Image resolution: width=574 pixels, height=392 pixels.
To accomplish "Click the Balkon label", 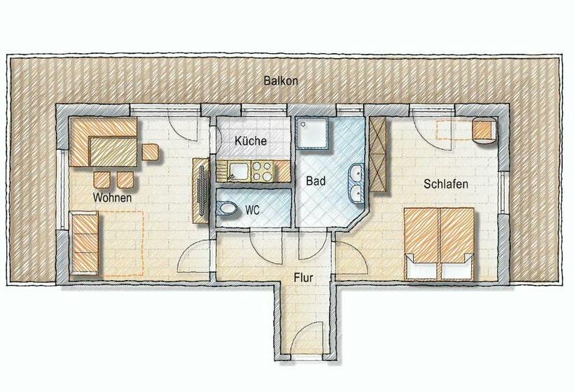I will click(x=281, y=81).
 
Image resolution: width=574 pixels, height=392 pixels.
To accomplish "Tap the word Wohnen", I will click(x=113, y=198).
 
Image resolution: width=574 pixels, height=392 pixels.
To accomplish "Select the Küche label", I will click(x=250, y=141).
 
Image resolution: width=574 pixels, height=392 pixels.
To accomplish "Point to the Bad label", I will click(x=316, y=181).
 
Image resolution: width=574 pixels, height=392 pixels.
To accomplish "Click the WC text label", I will click(x=253, y=209).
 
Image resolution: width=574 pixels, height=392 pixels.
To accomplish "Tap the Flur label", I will click(x=304, y=278).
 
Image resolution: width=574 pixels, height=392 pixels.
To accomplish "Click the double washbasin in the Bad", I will click(x=356, y=183).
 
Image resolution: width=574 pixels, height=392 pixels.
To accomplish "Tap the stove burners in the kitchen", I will click(x=261, y=169).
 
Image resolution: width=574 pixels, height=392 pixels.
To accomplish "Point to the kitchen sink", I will click(x=237, y=169).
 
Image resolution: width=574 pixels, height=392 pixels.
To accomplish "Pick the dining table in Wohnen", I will click(x=112, y=149).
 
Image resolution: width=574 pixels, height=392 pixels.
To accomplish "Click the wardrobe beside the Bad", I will click(x=378, y=155).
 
